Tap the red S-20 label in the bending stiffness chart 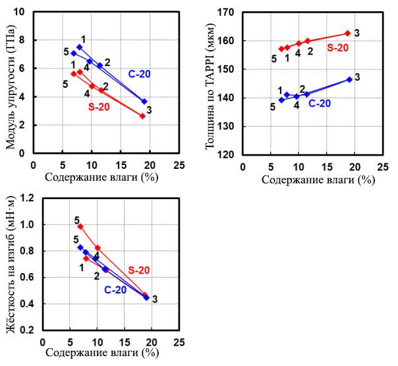coord(139,270)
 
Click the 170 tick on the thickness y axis coord(227,12)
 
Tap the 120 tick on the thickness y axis coord(227,155)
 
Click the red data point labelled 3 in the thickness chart coord(347,33)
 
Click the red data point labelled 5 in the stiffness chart coord(80,226)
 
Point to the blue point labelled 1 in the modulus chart coord(79,47)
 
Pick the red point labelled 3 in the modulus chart coord(142,116)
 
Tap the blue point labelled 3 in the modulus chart coord(144,102)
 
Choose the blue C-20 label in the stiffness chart coord(115,290)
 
